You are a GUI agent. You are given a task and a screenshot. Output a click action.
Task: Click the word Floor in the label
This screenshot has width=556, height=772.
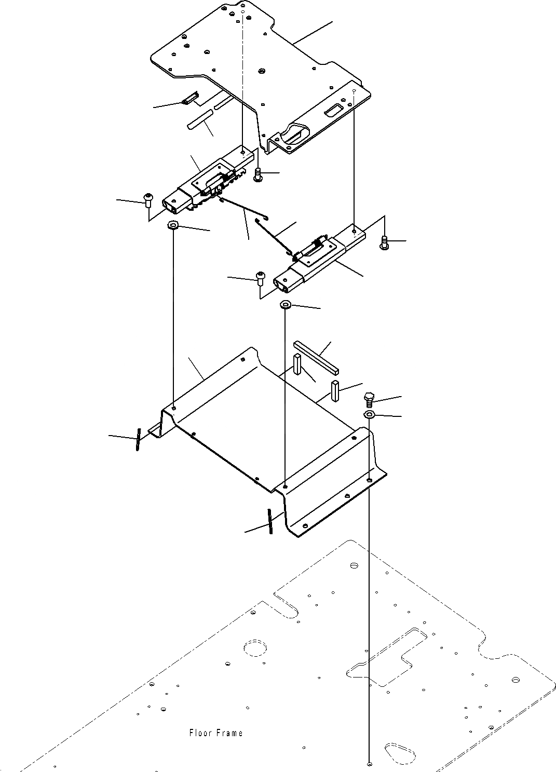[x=199, y=733]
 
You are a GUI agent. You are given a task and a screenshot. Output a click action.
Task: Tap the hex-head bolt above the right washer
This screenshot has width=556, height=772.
[x=369, y=400]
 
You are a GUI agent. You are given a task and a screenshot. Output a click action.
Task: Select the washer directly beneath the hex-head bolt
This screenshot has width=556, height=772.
[x=369, y=414]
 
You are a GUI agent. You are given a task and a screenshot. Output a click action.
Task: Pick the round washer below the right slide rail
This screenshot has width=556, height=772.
[x=286, y=304]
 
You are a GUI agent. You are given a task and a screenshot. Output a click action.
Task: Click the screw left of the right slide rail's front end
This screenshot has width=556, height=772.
[x=260, y=277]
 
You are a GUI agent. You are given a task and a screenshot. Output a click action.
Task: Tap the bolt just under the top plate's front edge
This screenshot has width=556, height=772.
[x=258, y=174]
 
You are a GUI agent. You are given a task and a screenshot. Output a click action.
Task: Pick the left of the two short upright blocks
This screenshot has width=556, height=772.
[x=297, y=364]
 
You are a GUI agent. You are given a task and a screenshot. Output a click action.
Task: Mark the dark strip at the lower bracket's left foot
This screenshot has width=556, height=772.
[x=138, y=439]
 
